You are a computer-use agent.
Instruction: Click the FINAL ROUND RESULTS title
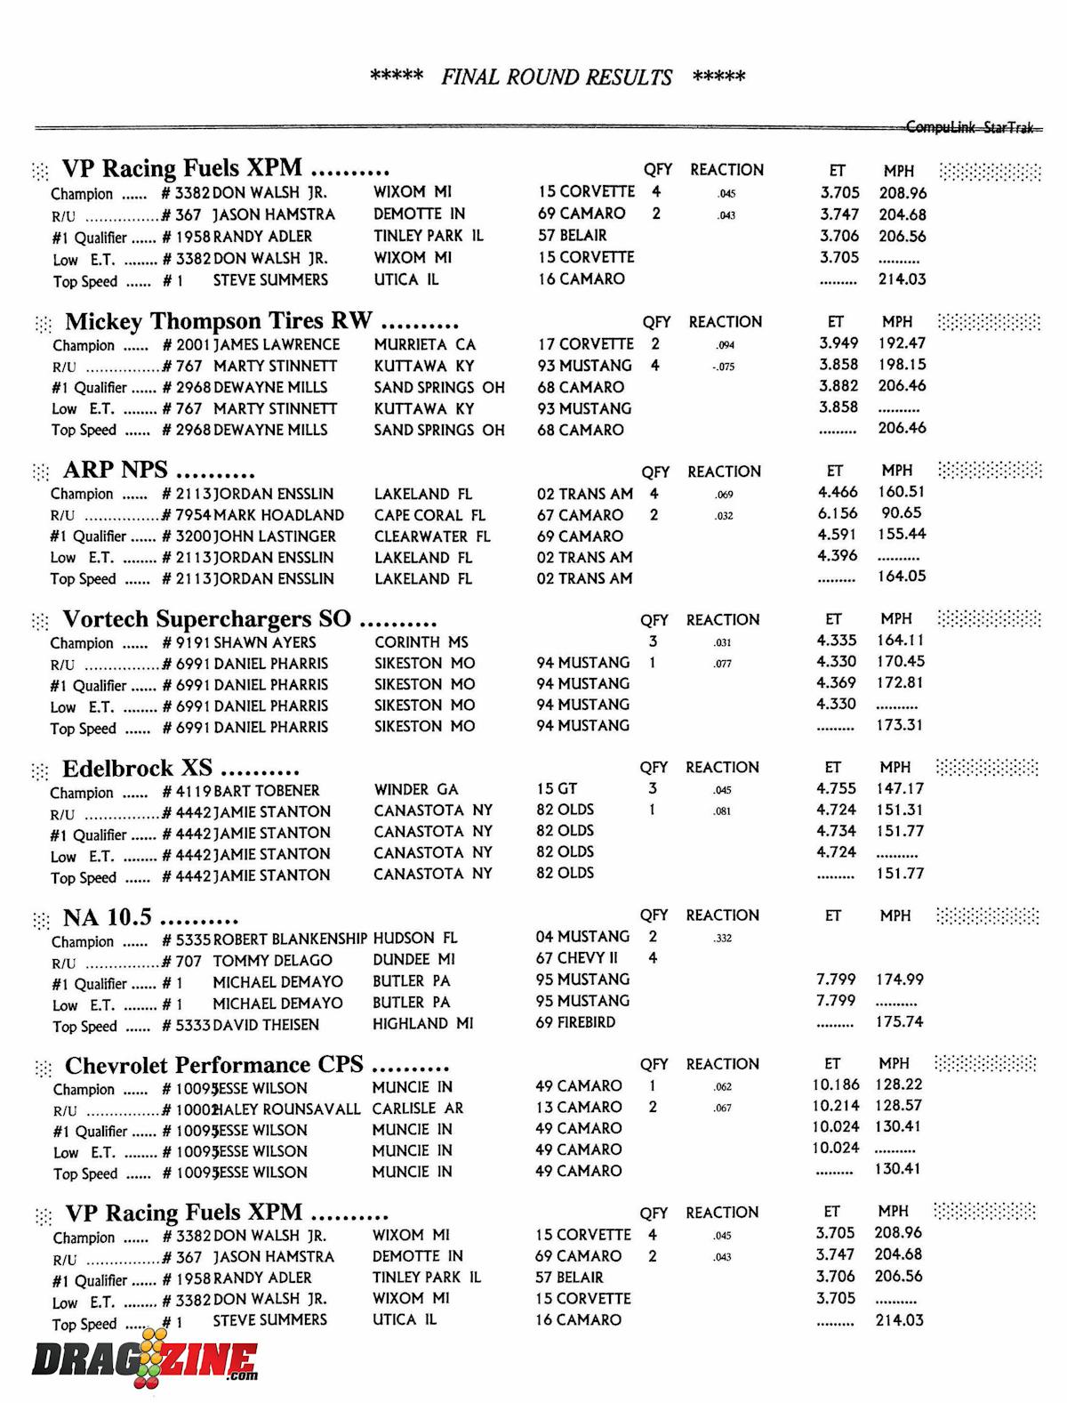coord(557,77)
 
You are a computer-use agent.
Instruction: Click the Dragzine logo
coord(144,1361)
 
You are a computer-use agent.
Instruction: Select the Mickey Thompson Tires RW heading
coord(218,321)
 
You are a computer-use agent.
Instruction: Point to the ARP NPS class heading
coord(115,470)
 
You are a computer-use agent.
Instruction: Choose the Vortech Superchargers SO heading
coord(206,618)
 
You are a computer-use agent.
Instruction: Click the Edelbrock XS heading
coord(137,768)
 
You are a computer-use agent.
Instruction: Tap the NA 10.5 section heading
coord(107,917)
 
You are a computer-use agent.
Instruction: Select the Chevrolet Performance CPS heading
coord(213,1065)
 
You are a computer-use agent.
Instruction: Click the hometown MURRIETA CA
coord(425,344)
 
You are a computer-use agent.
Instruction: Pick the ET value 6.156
coord(838,513)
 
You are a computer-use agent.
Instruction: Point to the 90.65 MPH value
coord(901,513)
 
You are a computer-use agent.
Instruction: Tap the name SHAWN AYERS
coord(265,642)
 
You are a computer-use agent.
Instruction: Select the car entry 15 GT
coord(557,788)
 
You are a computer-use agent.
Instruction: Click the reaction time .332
coord(723,938)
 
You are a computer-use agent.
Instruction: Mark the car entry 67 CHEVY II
coord(576,958)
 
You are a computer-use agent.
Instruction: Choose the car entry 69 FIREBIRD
coord(575,1022)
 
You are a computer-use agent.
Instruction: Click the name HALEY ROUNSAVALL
coord(287,1109)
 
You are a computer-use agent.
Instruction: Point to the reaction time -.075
coord(724,367)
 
